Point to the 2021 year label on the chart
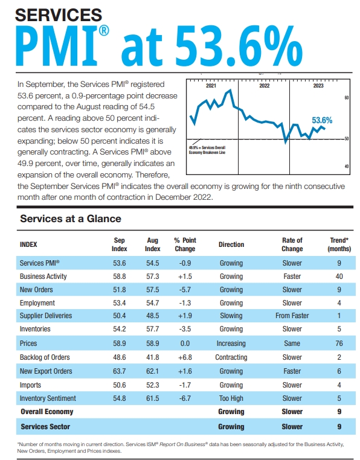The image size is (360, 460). [x=211, y=86]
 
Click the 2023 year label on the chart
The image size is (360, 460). [x=318, y=86]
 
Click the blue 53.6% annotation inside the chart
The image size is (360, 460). [x=322, y=121]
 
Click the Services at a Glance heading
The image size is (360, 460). [x=71, y=219]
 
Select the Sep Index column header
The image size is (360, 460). [x=120, y=244]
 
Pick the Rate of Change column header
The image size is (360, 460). [x=292, y=244]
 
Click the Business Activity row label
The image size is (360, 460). [x=43, y=276]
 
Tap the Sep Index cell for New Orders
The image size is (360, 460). [x=120, y=290]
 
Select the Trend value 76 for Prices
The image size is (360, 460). [x=339, y=343]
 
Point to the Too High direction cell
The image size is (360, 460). [x=231, y=398]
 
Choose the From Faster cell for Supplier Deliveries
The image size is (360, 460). [x=292, y=316]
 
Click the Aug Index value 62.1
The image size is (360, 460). [x=153, y=371]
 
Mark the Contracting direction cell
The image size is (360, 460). [x=231, y=357]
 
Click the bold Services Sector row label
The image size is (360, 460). [x=45, y=426]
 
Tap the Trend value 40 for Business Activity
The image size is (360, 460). [x=339, y=276]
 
